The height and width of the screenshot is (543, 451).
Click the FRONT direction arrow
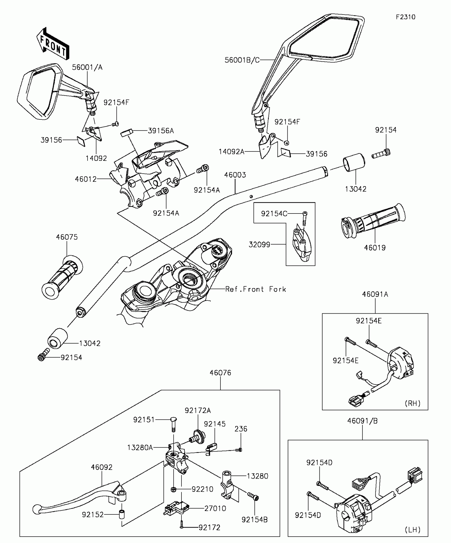coord(53,43)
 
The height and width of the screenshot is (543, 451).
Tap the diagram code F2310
coord(406,17)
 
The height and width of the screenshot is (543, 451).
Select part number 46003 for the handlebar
coord(235,175)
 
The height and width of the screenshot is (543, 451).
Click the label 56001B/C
coord(242,60)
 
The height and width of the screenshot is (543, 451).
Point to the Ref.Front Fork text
coord(256,289)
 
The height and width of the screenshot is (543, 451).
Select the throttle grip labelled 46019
coord(373,221)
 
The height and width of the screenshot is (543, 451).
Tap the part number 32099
coord(259,244)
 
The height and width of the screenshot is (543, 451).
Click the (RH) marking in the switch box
coord(413,403)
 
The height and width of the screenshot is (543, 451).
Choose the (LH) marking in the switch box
coord(413,529)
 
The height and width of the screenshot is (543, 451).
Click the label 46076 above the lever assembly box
coord(220,373)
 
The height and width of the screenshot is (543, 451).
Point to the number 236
coord(241,429)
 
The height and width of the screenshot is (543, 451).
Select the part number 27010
coord(215,508)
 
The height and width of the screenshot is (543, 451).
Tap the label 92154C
coord(274,213)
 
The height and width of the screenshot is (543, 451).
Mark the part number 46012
coord(86,179)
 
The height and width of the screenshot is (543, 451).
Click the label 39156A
coord(161,131)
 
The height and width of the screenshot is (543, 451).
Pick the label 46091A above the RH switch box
coord(375,294)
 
